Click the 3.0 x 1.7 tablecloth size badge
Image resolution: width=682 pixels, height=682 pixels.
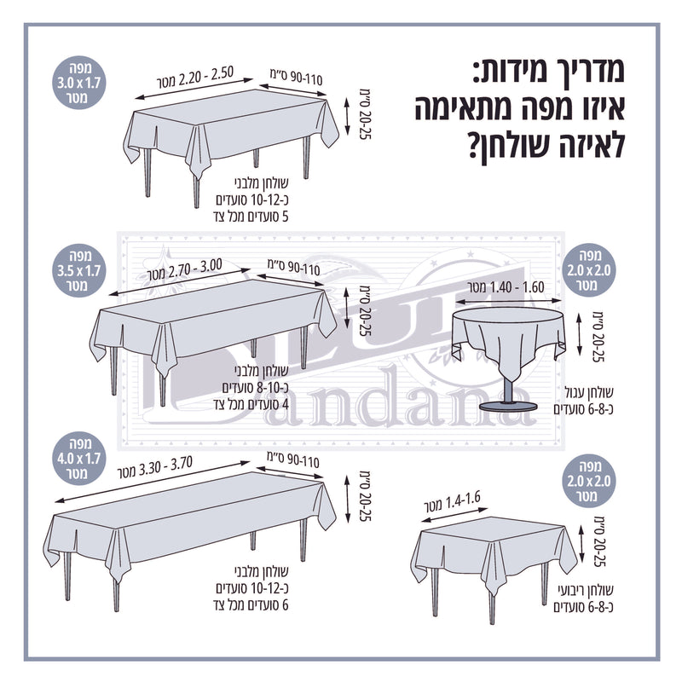78,83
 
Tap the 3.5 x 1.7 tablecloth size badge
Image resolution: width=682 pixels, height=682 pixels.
78,270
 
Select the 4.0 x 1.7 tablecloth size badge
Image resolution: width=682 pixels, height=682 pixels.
78,459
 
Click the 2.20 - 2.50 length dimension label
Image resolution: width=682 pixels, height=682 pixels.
195,78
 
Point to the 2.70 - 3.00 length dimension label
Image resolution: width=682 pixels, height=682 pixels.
185,269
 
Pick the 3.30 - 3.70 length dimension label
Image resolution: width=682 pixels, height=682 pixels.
154,467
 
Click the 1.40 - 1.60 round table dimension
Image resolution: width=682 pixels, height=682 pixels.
506,287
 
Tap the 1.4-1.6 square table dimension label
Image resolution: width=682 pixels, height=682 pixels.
453,502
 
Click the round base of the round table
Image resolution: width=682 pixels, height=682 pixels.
507,407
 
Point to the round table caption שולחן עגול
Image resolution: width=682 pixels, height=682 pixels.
588,392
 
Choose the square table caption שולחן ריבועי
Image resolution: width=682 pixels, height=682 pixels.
586,590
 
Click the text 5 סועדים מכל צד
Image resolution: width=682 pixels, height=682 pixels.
251,217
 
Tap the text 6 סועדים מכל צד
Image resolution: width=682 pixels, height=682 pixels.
251,604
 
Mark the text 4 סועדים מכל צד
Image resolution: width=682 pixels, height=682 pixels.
251,404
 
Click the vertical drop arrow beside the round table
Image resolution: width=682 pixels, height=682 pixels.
579,334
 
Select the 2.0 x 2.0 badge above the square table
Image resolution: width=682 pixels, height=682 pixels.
588,482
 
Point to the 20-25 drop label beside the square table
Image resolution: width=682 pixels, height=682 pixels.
600,541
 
